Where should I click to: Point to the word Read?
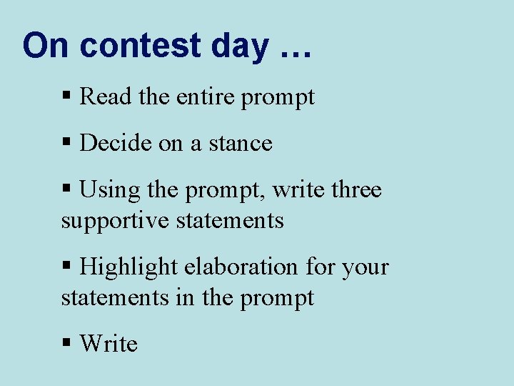point(106,96)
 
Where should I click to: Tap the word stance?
point(241,144)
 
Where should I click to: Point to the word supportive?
point(114,220)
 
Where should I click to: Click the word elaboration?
point(242,267)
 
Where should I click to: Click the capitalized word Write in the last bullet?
point(109,344)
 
